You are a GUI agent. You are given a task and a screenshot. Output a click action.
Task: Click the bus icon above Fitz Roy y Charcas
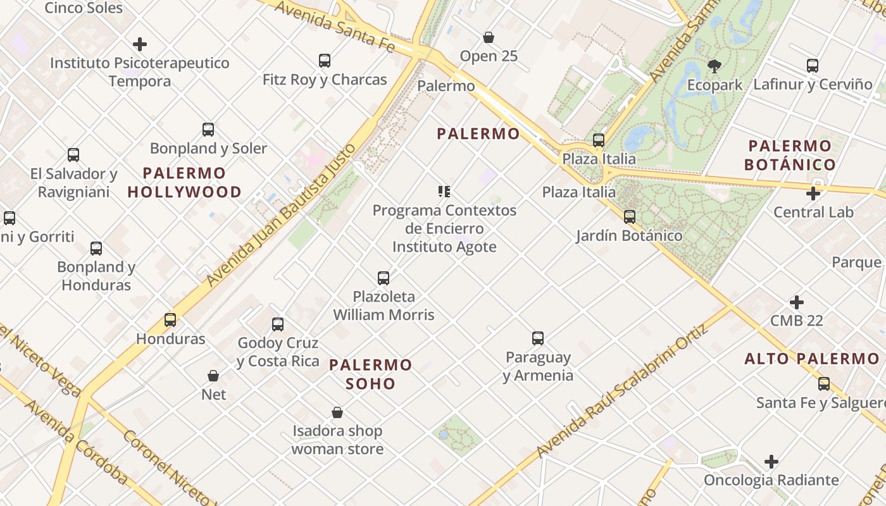pos(325,61)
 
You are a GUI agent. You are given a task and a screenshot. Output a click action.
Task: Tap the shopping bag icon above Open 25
pos(489,37)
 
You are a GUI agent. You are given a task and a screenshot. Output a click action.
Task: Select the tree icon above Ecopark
pos(714,66)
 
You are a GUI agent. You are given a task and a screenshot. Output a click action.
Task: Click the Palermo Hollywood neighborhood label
pos(185,182)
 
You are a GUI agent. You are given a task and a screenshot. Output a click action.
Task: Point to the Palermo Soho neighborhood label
pos(371,374)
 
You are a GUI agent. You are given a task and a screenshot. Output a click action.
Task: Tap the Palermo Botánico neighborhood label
pos(790,155)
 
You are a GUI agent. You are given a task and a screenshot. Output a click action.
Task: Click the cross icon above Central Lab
pos(813,194)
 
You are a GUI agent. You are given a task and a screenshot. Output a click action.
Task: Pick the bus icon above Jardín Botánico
pos(630,217)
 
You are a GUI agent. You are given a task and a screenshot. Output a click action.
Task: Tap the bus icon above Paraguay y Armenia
pos(538,338)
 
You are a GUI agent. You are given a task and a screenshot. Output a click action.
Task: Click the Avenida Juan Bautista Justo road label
pos(280,216)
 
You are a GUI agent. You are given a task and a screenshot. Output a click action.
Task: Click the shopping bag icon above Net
pos(213,376)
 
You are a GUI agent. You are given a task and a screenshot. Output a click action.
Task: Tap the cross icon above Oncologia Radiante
pos(771,462)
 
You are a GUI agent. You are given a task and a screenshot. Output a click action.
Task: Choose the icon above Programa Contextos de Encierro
pos(444,191)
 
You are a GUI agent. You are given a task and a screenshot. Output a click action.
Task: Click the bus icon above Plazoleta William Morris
pos(384,278)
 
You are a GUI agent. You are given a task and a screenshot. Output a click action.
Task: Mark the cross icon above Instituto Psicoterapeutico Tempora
pos(140,44)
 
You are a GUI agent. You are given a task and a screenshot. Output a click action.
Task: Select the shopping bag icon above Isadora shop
pos(337,412)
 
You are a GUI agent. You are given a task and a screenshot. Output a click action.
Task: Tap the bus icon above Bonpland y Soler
pos(208,130)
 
